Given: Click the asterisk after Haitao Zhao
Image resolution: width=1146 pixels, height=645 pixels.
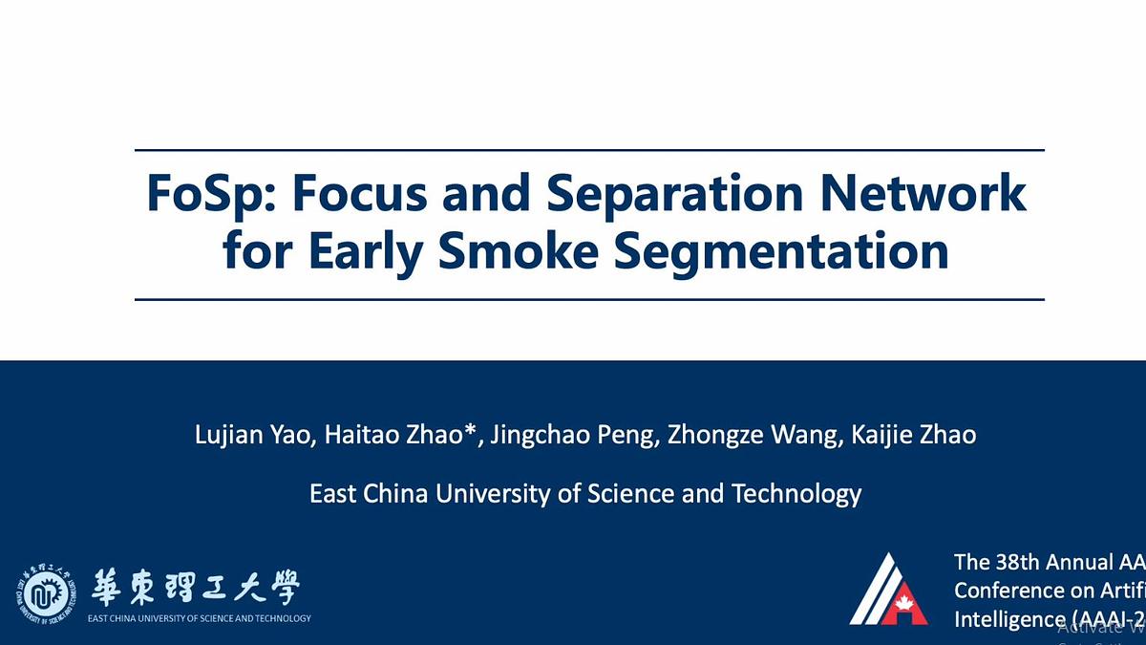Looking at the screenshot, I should [471, 431].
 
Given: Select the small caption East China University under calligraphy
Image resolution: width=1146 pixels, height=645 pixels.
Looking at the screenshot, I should [199, 618].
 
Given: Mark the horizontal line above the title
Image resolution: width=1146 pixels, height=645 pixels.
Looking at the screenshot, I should [589, 150].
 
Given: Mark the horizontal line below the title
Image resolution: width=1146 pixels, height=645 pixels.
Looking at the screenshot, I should [589, 299].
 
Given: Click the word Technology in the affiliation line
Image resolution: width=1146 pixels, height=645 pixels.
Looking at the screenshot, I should [796, 494].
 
